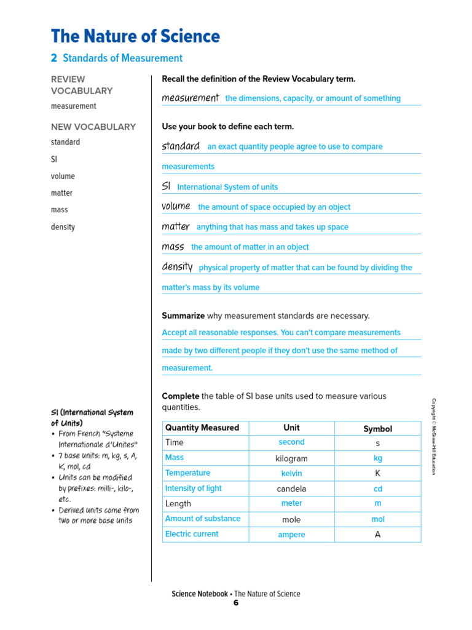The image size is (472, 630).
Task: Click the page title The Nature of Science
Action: click(x=135, y=36)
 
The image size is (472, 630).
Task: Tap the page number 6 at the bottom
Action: click(x=235, y=603)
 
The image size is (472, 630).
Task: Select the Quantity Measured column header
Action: click(x=202, y=428)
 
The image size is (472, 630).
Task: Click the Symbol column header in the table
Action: click(x=377, y=429)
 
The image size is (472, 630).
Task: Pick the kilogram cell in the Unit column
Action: click(x=291, y=458)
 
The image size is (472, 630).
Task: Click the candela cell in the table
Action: click(x=291, y=488)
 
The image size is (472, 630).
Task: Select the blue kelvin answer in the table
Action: click(x=291, y=474)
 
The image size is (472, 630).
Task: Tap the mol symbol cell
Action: click(x=377, y=519)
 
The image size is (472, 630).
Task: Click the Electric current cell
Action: click(x=192, y=534)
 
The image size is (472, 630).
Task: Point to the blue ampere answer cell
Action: click(x=291, y=535)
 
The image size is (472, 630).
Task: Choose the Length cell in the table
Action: click(x=178, y=503)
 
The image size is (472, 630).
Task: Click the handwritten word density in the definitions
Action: click(x=177, y=267)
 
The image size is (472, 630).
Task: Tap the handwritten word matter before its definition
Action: click(x=176, y=226)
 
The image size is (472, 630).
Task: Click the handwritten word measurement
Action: click(x=190, y=98)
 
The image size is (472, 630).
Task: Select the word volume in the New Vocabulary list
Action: click(x=63, y=176)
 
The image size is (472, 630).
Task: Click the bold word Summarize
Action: click(x=183, y=316)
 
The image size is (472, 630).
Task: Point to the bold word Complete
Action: click(x=180, y=396)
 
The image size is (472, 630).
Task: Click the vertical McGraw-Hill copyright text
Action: click(x=433, y=436)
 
